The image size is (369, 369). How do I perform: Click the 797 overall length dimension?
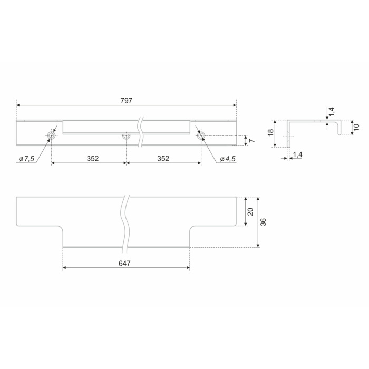127,101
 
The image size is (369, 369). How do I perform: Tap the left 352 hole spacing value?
92,158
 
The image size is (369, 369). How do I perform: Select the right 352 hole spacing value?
163,158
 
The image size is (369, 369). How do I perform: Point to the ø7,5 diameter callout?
26,159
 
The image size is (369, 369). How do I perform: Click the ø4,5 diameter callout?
228,159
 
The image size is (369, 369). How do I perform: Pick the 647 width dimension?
124,264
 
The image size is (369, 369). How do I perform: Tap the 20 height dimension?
250,211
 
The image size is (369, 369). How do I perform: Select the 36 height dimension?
264,222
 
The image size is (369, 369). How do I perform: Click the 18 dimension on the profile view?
271,132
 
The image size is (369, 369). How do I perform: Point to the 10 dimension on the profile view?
356,127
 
